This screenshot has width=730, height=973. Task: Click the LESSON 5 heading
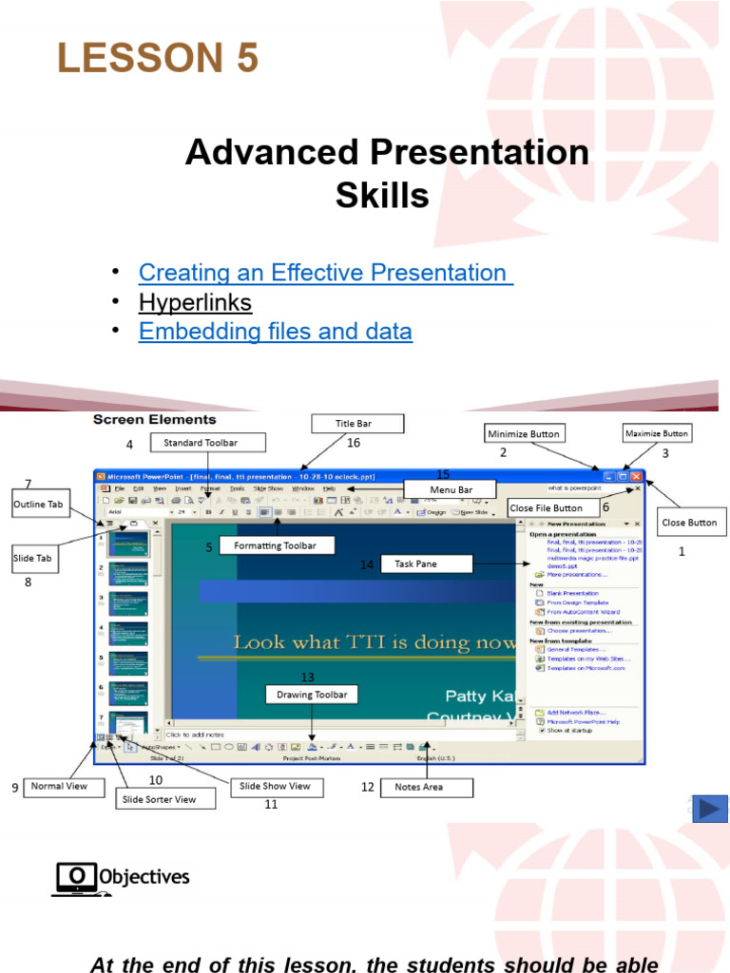point(158,59)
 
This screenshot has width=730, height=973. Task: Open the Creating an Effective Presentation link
point(324,273)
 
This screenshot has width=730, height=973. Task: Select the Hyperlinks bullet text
point(195,303)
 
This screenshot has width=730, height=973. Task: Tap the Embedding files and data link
point(275,332)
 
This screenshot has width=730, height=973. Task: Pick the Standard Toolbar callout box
point(201,443)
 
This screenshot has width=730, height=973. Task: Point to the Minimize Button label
point(523,434)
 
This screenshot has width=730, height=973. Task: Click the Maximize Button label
point(657,434)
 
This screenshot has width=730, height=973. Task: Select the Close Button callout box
point(689,523)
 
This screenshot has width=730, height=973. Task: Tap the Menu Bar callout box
point(451,490)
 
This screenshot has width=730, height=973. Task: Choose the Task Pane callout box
point(415,564)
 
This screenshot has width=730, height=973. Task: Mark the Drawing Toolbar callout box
point(312,695)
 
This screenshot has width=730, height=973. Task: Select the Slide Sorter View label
point(159,799)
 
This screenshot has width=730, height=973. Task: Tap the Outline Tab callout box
point(38,505)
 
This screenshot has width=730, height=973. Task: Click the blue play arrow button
point(710,809)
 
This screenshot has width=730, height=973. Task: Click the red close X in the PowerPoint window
point(636,476)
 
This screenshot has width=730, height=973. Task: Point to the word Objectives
point(144,877)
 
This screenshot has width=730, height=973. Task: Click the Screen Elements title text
point(154,419)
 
